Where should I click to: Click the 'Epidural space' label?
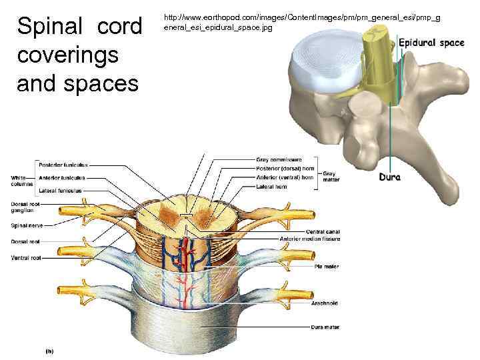[x=431, y=43]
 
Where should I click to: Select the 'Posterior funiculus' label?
[x=63, y=165]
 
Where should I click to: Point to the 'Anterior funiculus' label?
[x=62, y=178]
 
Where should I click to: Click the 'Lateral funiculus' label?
[x=60, y=191]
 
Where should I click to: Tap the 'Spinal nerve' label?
[x=27, y=225]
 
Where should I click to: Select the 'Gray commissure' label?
[x=279, y=160]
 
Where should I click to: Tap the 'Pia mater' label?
[x=327, y=266]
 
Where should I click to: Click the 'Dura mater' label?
[x=325, y=327]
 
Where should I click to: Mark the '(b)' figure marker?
[x=49, y=349]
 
